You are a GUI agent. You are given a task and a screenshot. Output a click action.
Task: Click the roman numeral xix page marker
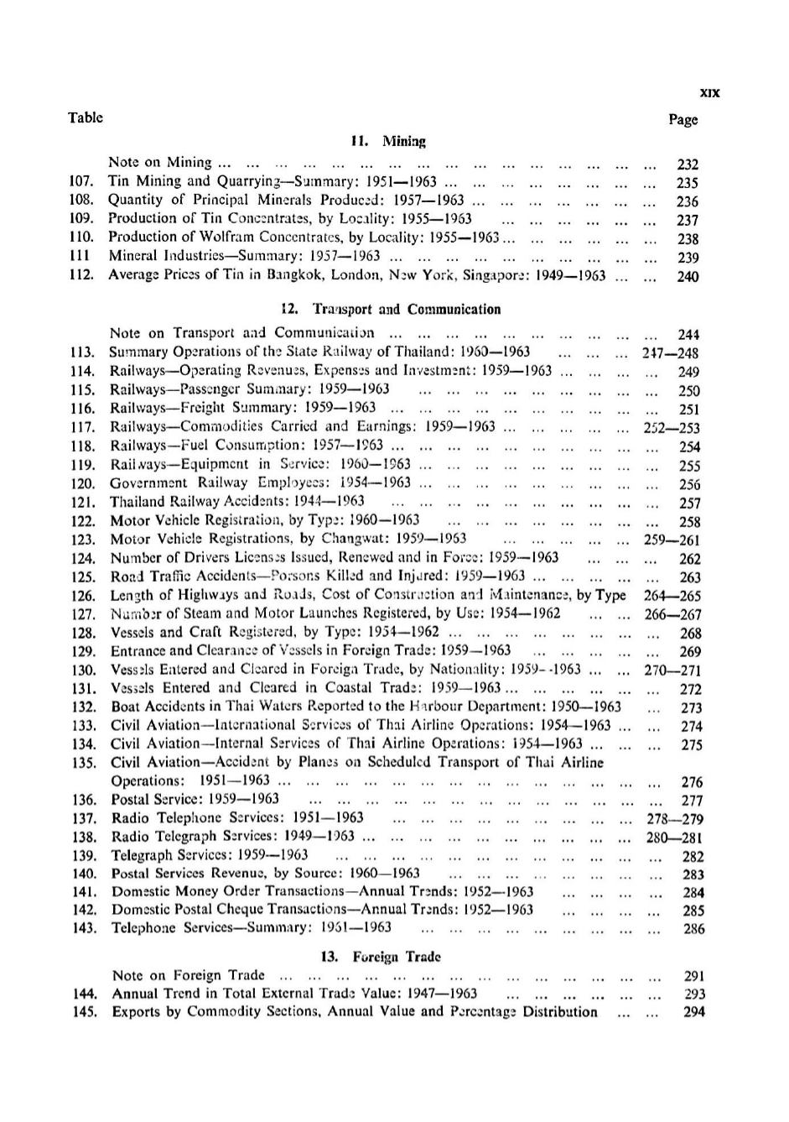point(709,93)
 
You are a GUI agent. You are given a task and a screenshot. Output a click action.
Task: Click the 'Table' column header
point(86,117)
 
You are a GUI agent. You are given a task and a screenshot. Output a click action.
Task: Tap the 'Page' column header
point(683,119)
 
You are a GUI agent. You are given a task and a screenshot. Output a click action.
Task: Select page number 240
point(688,276)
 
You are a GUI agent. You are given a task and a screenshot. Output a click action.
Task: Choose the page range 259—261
point(672,540)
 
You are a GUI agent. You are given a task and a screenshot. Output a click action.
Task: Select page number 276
point(691,782)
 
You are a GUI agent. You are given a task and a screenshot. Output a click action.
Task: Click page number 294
point(693,1012)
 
